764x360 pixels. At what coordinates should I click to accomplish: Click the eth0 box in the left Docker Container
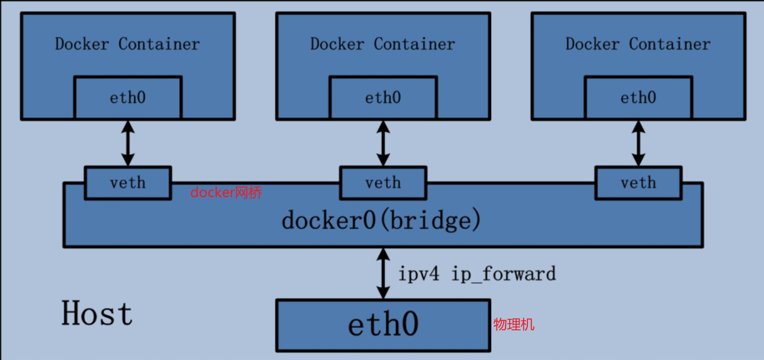point(128,97)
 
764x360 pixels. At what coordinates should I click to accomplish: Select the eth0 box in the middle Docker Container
point(383,97)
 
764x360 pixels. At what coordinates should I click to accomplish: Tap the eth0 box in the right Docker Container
point(638,97)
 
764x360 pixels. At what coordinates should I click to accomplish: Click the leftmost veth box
point(128,182)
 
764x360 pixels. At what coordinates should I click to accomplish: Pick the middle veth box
point(383,182)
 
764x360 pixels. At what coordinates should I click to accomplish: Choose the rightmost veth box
point(638,182)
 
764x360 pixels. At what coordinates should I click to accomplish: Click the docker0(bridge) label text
point(381,220)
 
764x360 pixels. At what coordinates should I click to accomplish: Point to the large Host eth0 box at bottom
point(383,325)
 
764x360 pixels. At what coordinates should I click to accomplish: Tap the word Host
point(97,314)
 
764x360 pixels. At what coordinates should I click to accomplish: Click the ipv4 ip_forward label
point(476,273)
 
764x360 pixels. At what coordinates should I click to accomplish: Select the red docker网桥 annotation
point(226,193)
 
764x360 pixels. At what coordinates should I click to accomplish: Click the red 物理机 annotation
point(514,325)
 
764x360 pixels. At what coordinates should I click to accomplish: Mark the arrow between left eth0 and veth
point(128,143)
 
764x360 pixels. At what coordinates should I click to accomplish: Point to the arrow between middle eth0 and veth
point(383,143)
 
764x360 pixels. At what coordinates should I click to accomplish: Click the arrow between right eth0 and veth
point(638,143)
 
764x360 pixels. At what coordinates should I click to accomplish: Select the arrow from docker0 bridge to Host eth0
point(383,273)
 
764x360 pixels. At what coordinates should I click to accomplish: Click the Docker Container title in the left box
point(127,44)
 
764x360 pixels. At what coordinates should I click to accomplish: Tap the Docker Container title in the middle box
point(383,44)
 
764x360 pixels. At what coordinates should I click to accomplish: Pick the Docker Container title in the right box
point(638,44)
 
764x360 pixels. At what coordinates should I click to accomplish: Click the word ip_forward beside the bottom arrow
point(504,274)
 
